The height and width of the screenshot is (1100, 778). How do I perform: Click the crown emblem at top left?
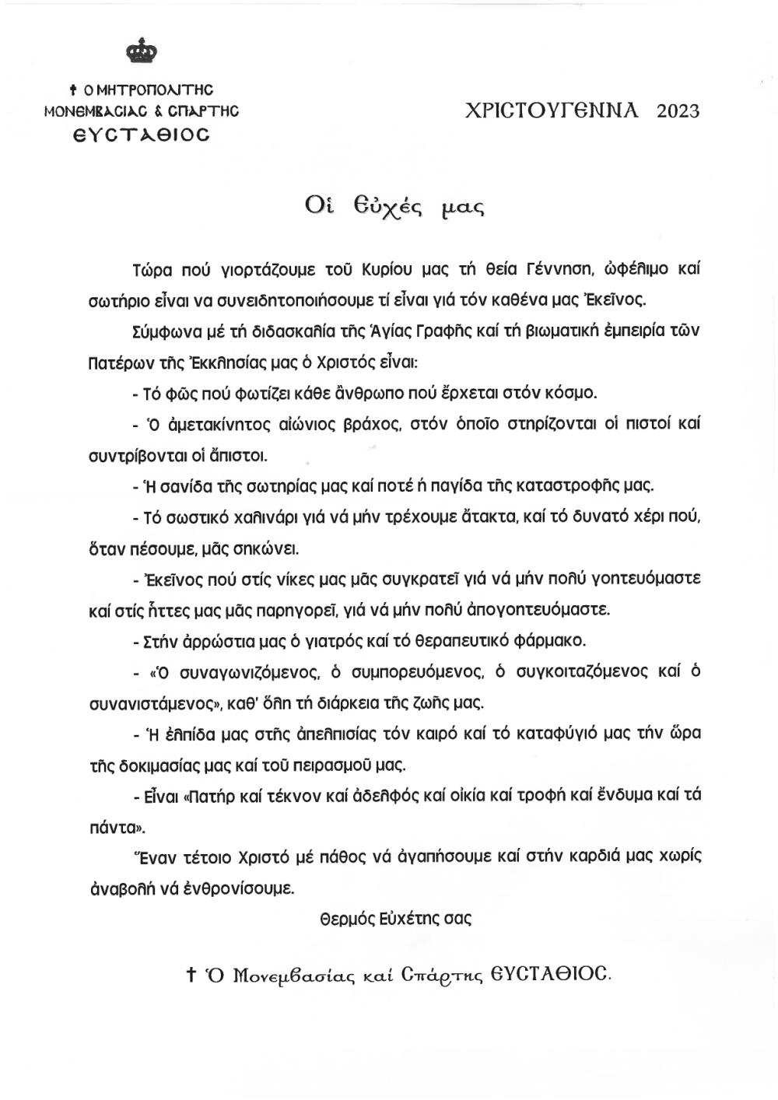point(142,52)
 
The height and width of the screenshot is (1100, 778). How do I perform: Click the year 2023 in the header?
point(678,110)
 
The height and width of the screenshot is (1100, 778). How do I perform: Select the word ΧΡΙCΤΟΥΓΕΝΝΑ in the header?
point(551,110)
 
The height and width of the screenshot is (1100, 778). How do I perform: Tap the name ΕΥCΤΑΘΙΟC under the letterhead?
point(142,135)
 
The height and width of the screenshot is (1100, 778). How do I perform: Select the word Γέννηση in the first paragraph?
point(566,269)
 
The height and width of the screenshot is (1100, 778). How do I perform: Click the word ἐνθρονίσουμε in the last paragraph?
point(247,888)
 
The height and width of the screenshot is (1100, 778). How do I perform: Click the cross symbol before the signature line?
point(190,975)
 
